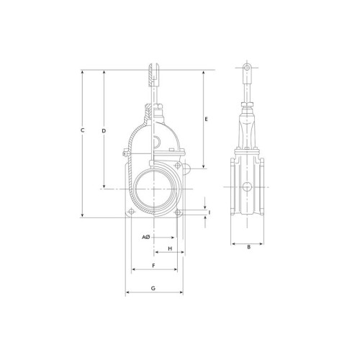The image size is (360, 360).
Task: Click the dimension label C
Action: [82, 130]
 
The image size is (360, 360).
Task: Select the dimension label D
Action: [104, 131]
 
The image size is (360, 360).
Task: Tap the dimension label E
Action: [206, 119]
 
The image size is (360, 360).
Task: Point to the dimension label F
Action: [154, 265]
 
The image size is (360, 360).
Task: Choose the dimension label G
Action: [153, 288]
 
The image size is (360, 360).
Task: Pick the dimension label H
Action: [170, 248]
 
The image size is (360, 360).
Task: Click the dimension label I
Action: [210, 212]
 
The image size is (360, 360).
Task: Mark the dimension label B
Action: [249, 247]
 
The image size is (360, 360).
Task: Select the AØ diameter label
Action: [145, 237]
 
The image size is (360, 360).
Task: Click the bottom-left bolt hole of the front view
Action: [132, 212]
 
